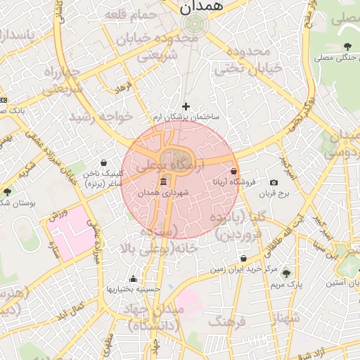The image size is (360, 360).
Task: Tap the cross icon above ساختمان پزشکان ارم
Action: pyautogui.click(x=186, y=105)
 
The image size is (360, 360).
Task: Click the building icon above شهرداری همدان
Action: pyautogui.click(x=163, y=182)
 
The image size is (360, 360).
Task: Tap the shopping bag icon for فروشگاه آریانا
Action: pyautogui.click(x=233, y=172)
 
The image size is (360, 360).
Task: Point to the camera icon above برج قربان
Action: pyautogui.click(x=274, y=183)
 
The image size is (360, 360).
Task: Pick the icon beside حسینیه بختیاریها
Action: pyautogui.click(x=133, y=278)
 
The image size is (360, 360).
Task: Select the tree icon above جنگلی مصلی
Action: pyautogui.click(x=347, y=47)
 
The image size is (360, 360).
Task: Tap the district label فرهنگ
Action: pyautogui.click(x=225, y=322)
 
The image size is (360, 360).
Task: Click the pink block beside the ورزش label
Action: pyautogui.click(x=70, y=236)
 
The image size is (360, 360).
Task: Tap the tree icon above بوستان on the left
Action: pyautogui.click(x=7, y=192)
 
